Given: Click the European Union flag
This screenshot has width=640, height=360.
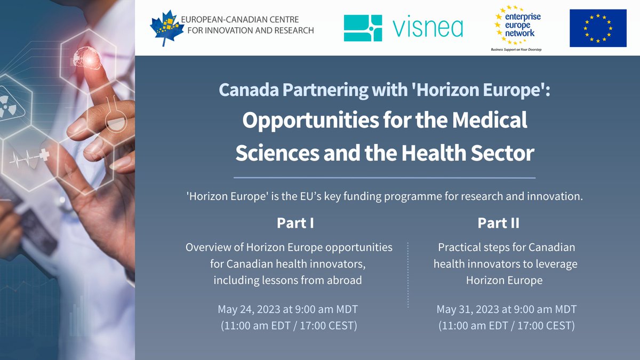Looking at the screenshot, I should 598,28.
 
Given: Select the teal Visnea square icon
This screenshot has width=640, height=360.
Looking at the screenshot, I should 363,28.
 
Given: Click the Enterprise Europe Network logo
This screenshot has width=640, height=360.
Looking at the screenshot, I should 516,26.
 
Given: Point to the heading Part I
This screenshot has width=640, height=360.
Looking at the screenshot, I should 295,223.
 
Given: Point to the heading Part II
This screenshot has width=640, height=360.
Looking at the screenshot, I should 498,223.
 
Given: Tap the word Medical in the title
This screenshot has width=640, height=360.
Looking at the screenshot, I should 485,120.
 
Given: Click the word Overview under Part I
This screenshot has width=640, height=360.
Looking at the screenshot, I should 209,247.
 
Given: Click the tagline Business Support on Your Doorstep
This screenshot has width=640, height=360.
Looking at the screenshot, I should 516,49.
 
